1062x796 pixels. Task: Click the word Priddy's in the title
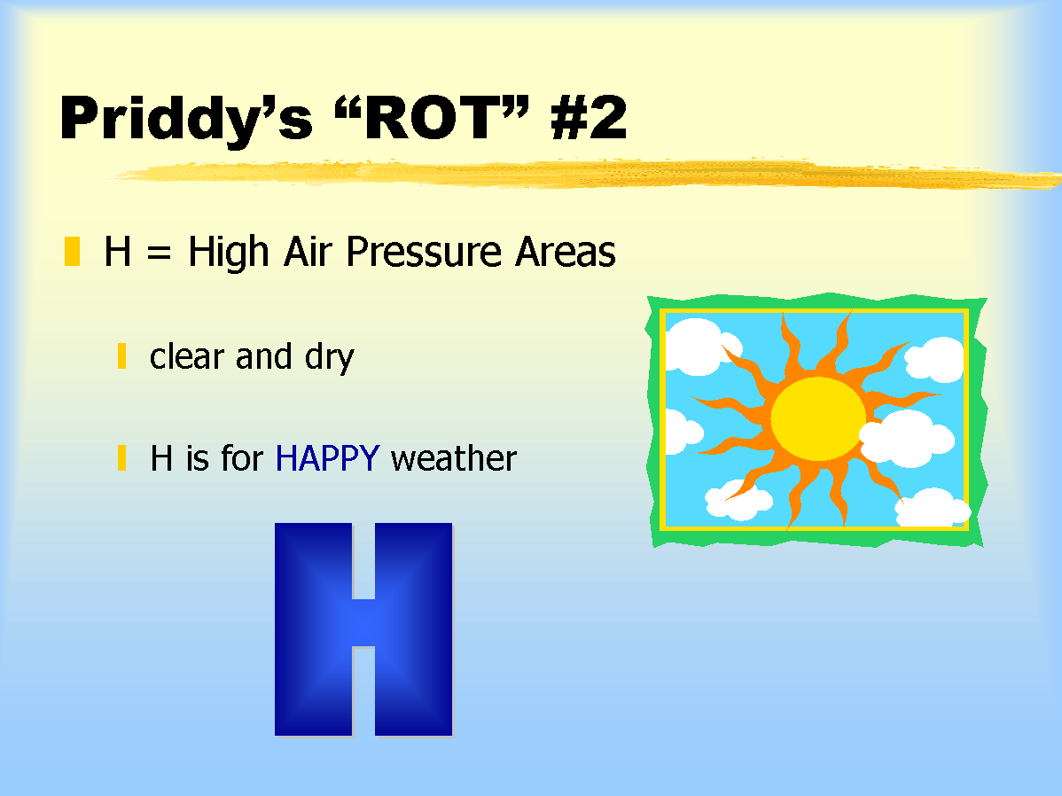(x=187, y=120)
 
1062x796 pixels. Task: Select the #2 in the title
(x=589, y=117)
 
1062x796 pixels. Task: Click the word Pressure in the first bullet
(x=424, y=252)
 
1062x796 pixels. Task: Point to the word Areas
(x=566, y=252)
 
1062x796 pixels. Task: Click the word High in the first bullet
(x=228, y=253)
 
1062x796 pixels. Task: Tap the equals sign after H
(x=160, y=253)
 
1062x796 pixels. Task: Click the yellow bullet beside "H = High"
(x=72, y=251)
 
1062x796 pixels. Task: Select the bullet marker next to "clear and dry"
(x=122, y=355)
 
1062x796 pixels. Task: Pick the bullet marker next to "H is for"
(x=122, y=457)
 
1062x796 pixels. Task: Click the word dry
(x=329, y=358)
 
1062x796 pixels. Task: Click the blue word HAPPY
(x=327, y=458)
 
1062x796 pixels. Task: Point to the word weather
(x=454, y=458)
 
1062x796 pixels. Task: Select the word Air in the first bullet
(x=308, y=252)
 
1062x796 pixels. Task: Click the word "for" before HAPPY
(x=242, y=457)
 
